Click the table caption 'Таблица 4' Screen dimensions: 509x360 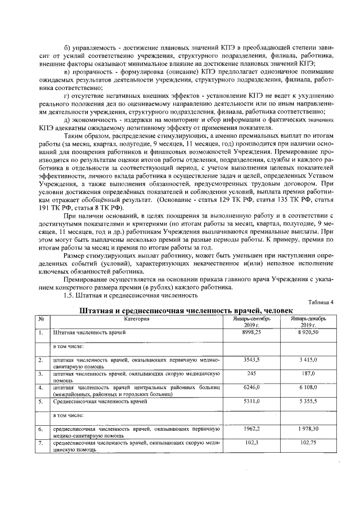click(x=321, y=302)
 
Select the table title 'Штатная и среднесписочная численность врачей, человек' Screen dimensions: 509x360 click(x=186, y=310)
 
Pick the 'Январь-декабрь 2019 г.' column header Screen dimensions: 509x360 click(x=309, y=322)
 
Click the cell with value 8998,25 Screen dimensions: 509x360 click(x=251, y=332)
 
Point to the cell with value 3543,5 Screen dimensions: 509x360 click(x=251, y=359)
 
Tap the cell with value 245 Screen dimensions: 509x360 click(x=251, y=373)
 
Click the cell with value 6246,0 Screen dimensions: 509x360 click(x=251, y=388)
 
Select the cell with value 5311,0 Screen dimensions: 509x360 click(x=251, y=402)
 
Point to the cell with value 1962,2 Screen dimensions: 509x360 click(x=251, y=429)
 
